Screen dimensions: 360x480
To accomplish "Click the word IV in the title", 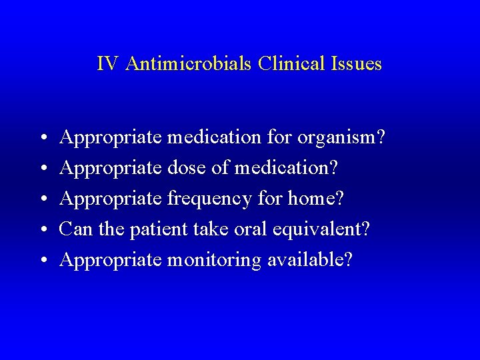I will [107, 64].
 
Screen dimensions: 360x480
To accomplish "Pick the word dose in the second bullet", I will [189, 169].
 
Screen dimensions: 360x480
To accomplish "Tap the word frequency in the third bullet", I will [210, 199].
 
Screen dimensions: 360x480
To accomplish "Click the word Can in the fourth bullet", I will [73, 229].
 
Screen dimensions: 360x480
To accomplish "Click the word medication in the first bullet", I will [215, 138].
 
